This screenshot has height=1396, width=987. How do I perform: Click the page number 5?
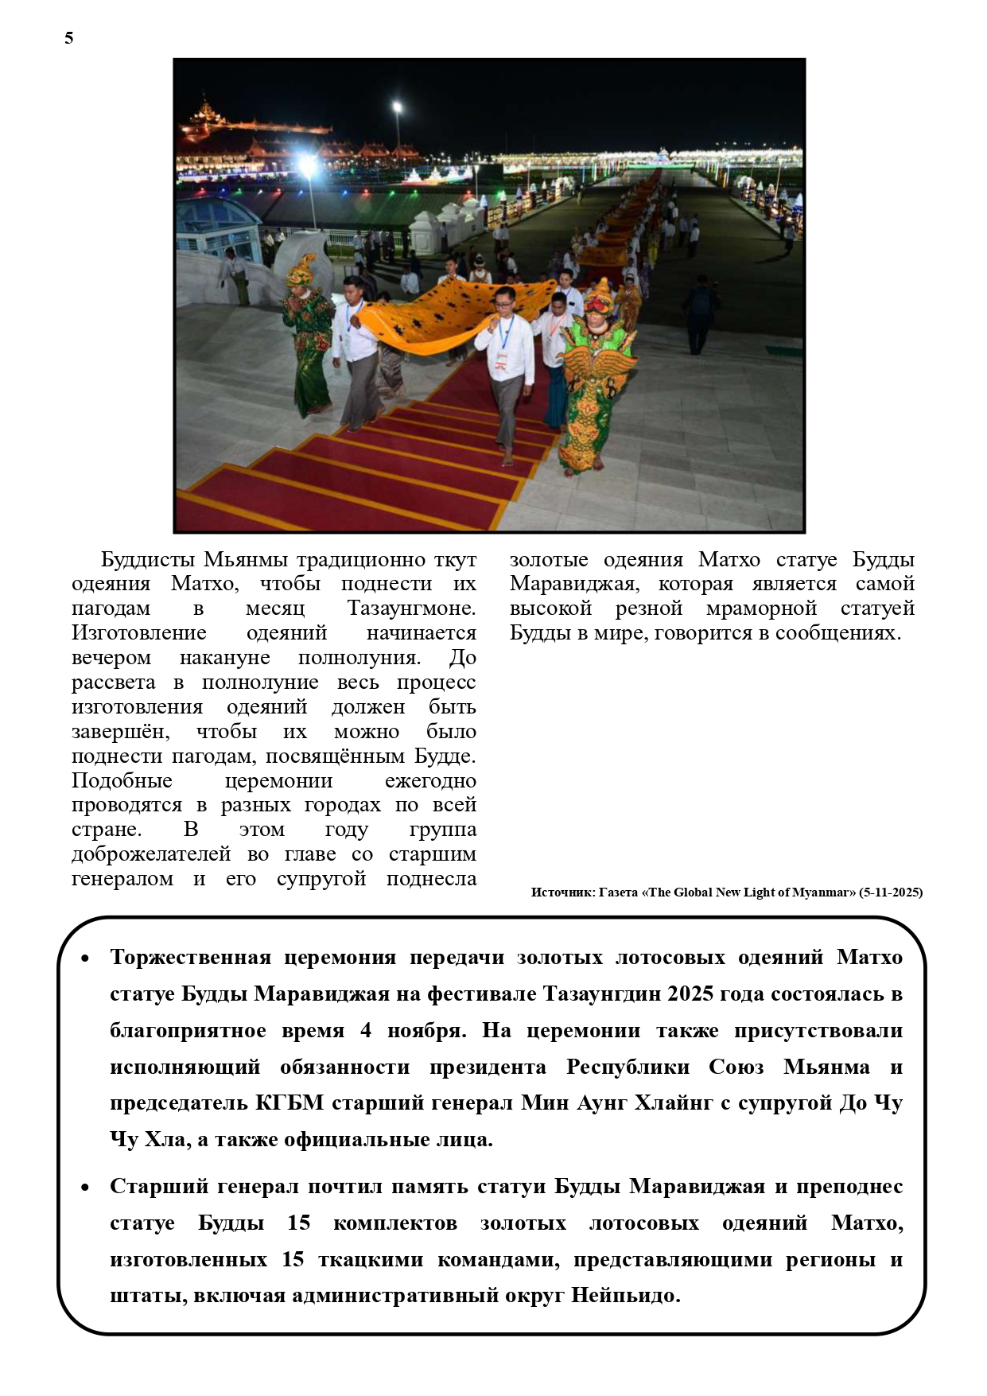tap(69, 38)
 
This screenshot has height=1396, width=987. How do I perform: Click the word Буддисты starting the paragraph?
tap(148, 559)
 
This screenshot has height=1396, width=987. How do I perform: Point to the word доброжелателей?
tap(151, 854)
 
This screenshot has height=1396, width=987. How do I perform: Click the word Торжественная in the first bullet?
tap(190, 957)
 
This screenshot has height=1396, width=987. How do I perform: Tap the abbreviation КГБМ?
tap(289, 1103)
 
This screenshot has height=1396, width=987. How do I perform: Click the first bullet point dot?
tap(85, 959)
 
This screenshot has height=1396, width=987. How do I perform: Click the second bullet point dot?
tap(85, 1188)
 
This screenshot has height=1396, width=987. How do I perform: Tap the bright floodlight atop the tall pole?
tap(397, 107)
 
